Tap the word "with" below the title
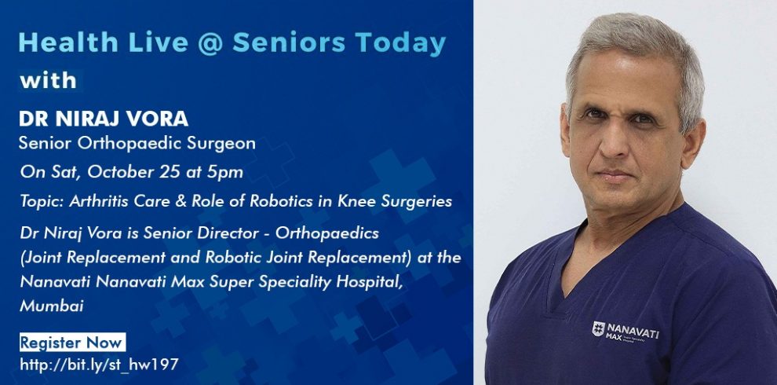(x=48, y=80)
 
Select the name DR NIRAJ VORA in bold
(x=104, y=119)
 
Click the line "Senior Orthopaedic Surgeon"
(x=137, y=143)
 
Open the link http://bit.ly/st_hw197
(x=99, y=365)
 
